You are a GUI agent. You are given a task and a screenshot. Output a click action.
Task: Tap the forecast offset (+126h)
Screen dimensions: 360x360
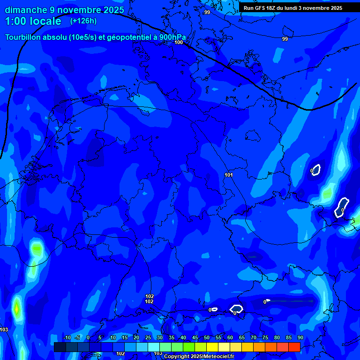tap(83, 21)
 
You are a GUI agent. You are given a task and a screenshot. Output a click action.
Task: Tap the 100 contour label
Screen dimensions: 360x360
tap(179, 42)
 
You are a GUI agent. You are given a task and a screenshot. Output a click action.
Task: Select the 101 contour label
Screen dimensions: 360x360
tap(229, 175)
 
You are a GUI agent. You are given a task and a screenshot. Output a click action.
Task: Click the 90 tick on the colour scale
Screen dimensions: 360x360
tap(300, 337)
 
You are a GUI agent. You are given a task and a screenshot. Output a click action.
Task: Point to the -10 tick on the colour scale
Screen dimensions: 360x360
tap(67, 337)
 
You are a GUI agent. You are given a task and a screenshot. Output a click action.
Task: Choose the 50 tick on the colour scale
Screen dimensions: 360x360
tap(207, 337)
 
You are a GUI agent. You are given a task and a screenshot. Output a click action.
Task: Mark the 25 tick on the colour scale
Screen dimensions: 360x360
tap(148, 337)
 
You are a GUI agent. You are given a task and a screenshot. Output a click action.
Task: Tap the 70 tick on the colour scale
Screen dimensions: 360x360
tap(254, 337)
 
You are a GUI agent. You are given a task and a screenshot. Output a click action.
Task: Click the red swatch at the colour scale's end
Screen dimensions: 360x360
tap(294, 347)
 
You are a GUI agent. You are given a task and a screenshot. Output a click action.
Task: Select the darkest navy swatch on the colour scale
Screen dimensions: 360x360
tap(60, 347)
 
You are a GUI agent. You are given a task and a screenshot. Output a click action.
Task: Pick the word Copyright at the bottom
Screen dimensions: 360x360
tap(177, 357)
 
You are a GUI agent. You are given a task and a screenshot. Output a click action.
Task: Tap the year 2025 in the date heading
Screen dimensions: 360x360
tap(113, 10)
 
